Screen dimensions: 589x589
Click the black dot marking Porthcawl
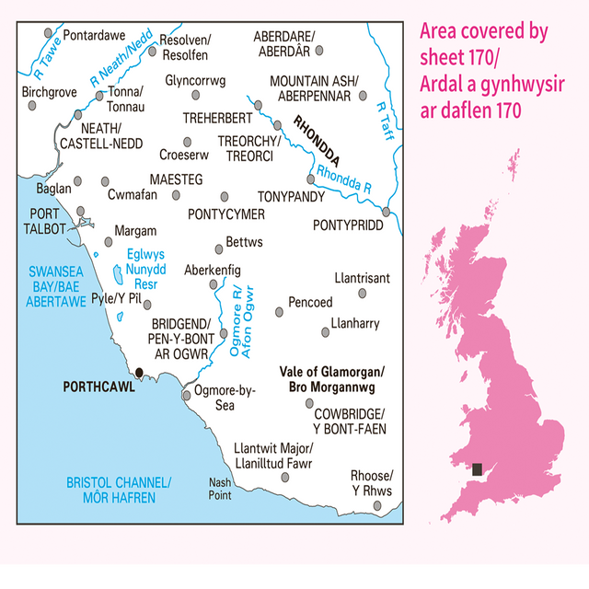point(139,372)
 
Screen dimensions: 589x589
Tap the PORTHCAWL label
point(98,387)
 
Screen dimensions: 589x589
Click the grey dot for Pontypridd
point(387,211)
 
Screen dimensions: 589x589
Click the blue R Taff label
point(384,118)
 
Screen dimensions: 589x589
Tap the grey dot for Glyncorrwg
point(196,95)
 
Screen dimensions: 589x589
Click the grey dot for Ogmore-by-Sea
point(187,395)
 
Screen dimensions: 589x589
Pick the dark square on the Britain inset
point(476,469)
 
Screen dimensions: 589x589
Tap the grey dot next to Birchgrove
point(32,106)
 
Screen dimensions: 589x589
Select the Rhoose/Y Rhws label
point(372,483)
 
